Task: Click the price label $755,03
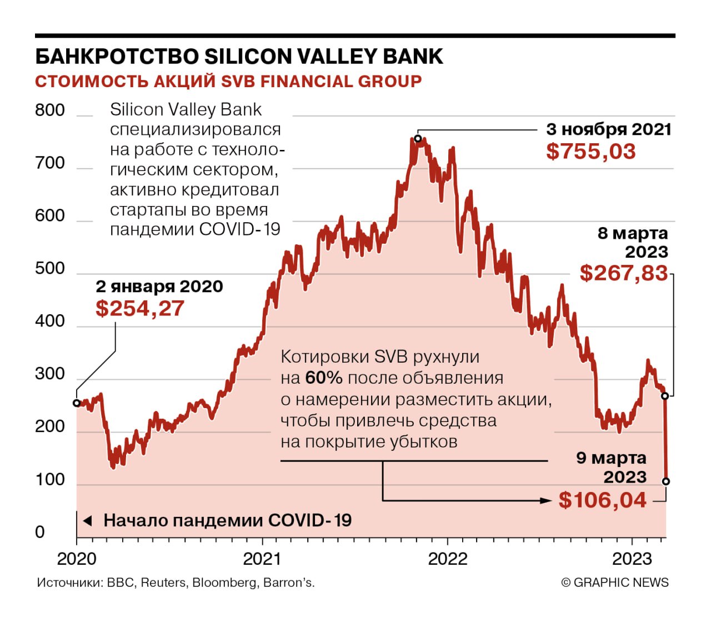point(590,152)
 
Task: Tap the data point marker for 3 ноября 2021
point(418,138)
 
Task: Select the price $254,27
point(139,308)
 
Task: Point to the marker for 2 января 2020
point(77,403)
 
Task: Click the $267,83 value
point(623,273)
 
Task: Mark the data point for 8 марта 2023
point(665,396)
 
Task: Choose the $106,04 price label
point(602,500)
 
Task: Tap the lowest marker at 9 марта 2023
point(666,481)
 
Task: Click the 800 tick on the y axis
point(50,110)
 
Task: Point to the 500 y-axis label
point(50,269)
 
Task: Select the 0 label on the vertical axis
point(40,532)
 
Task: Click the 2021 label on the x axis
point(262,559)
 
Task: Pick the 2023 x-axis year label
point(632,559)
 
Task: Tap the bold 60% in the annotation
point(324,378)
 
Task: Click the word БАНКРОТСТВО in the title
point(117,57)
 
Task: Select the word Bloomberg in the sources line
point(225,582)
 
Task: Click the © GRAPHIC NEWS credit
point(615,582)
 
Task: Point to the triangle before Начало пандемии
point(87,521)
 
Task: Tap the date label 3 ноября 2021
point(609,129)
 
